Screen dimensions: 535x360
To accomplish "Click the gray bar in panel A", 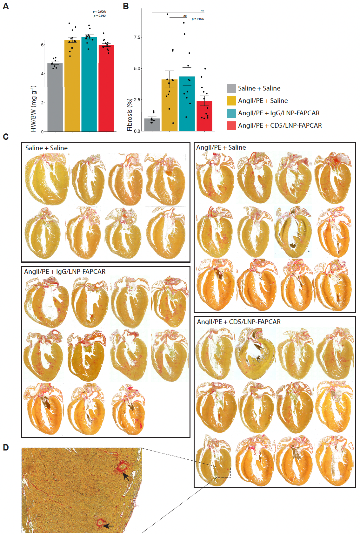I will tap(55, 98).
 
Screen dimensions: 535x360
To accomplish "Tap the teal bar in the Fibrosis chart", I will tap(187, 105).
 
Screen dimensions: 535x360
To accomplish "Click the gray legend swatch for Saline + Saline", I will tap(231, 88).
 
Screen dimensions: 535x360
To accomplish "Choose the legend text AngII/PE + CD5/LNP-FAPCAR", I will tap(280, 125).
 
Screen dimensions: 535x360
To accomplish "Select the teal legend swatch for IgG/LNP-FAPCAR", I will tap(231, 113).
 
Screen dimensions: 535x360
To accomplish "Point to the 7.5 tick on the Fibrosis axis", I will tap(137, 37).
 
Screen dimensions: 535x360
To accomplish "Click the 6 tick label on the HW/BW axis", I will tap(42, 45).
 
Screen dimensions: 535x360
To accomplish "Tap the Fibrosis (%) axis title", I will tap(130, 115).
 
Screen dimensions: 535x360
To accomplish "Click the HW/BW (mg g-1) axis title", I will tap(33, 108).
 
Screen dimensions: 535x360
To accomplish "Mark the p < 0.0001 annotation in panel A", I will tap(99, 12).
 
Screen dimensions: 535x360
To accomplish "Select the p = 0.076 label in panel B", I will tap(198, 19).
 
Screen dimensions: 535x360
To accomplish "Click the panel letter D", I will tap(6, 447).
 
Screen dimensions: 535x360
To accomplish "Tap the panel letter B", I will tap(126, 6).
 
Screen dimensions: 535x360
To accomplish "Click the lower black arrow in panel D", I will tap(109, 526).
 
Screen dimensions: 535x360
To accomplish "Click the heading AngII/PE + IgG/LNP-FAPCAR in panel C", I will tap(65, 272).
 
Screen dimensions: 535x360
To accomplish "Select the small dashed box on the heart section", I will tap(224, 472).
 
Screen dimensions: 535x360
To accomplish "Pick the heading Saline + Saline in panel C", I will tap(46, 148).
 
